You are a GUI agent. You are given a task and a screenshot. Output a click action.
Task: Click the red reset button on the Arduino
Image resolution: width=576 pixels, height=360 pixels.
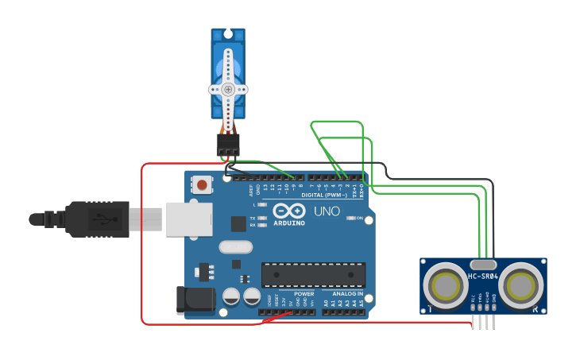pos(203,185)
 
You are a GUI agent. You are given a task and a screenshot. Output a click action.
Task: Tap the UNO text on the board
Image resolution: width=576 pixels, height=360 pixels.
pos(327,211)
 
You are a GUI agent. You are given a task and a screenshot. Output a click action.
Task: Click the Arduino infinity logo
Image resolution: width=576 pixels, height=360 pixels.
pos(289,211)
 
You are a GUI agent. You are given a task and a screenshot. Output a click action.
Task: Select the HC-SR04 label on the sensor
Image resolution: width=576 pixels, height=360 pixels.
pos(482,277)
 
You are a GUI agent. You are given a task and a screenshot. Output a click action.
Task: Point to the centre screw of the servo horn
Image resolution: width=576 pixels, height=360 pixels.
pos(229,89)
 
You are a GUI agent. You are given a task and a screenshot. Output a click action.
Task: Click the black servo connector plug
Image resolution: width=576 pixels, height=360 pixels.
pos(228,144)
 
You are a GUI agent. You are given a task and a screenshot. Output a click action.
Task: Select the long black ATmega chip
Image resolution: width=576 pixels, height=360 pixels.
pos(314,274)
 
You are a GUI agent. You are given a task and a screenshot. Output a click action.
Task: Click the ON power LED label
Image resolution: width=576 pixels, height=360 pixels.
pos(359,218)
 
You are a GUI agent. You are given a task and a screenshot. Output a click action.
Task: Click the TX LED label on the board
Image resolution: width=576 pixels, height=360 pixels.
pos(253,218)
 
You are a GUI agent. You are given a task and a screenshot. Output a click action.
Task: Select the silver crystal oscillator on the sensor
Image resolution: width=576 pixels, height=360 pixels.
pos(483,265)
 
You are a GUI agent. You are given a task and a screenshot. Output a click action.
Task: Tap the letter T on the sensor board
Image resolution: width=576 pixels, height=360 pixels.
pos(430,308)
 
